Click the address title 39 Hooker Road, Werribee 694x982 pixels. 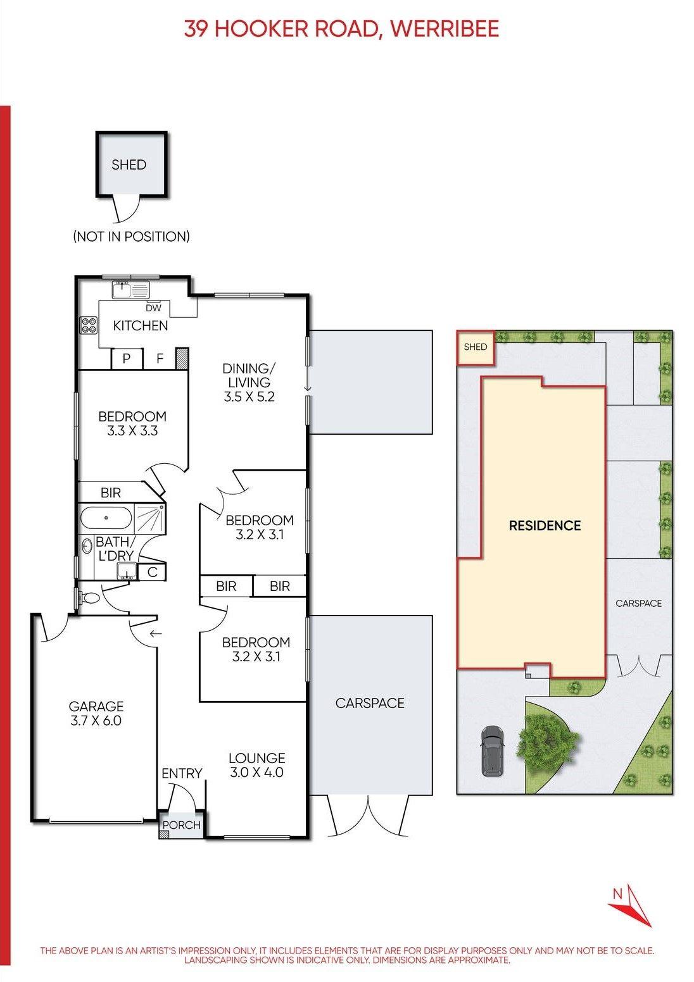[x=341, y=29]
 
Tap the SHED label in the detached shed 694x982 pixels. [x=129, y=165]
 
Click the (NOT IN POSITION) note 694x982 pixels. [x=131, y=237]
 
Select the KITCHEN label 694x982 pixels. [x=141, y=326]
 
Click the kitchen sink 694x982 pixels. [x=131, y=290]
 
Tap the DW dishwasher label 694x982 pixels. [x=153, y=308]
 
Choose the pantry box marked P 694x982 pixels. [x=127, y=359]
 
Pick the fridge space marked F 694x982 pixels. [x=160, y=359]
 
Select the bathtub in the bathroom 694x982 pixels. [x=106, y=518]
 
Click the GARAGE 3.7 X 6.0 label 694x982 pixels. [x=96, y=713]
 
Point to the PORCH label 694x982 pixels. [x=181, y=825]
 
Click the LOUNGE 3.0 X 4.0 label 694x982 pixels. [x=257, y=765]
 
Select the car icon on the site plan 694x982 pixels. [x=493, y=750]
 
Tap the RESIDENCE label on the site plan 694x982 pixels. [x=545, y=525]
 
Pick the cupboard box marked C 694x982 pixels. [x=152, y=572]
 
